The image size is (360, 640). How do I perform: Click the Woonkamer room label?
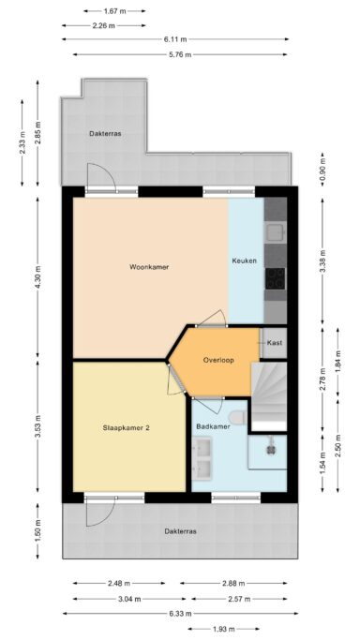(149, 267)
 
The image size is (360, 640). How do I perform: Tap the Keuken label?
(245, 260)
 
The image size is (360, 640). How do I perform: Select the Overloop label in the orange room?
(218, 361)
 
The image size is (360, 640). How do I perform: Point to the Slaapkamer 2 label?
(127, 428)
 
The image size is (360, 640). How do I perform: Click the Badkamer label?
(213, 426)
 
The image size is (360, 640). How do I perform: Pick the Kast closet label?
(275, 343)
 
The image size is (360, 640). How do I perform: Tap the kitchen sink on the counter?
(276, 232)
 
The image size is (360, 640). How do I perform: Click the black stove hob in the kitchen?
(276, 278)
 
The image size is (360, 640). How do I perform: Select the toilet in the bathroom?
(237, 417)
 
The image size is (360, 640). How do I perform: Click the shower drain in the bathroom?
(270, 449)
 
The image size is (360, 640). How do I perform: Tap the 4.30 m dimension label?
(37, 277)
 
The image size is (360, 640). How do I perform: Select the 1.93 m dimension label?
(223, 629)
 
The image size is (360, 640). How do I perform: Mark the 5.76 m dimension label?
(179, 54)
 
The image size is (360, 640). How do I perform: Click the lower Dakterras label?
(181, 531)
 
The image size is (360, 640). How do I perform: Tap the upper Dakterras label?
(105, 133)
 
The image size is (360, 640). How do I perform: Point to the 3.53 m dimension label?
(37, 426)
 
